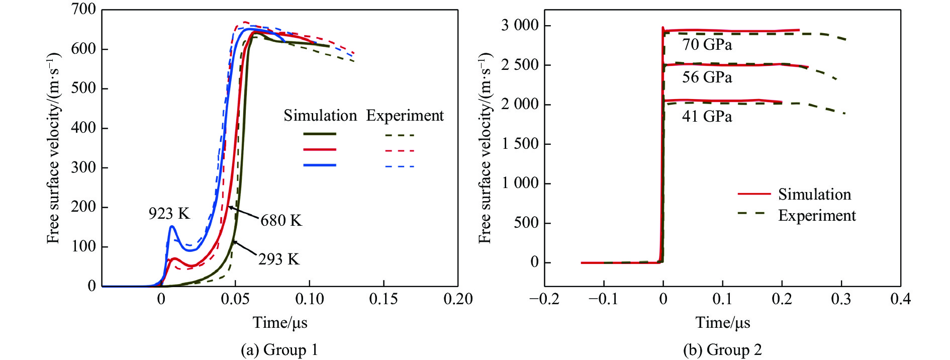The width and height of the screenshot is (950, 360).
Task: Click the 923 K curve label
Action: point(169,214)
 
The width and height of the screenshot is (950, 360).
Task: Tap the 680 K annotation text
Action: point(281,220)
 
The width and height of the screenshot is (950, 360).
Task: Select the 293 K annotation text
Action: point(279,259)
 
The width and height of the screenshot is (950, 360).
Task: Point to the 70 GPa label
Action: point(707,45)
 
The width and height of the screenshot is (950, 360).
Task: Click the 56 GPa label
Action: point(707,77)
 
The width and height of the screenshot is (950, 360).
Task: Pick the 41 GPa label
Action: point(707,117)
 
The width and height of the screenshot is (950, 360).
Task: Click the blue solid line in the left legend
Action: point(320,165)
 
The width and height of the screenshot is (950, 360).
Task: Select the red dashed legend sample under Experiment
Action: point(400,150)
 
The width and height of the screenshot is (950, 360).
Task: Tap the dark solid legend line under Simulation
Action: point(320,134)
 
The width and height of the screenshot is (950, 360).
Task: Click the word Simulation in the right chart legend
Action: point(814,195)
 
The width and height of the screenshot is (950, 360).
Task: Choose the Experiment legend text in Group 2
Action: point(817,216)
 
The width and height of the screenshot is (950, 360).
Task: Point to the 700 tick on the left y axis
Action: point(83,9)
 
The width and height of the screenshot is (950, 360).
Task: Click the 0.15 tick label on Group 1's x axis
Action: point(384,299)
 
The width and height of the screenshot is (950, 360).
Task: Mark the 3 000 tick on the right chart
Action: point(519,25)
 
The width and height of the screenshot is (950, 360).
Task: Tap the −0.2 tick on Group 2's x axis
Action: point(544,299)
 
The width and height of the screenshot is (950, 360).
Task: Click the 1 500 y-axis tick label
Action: point(519,144)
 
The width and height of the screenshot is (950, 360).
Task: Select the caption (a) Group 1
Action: point(279,350)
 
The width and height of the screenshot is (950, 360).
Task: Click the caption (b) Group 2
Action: point(722,350)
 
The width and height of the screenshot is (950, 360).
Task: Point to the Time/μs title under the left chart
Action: point(280,322)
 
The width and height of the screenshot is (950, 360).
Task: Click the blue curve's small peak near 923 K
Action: point(172,226)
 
